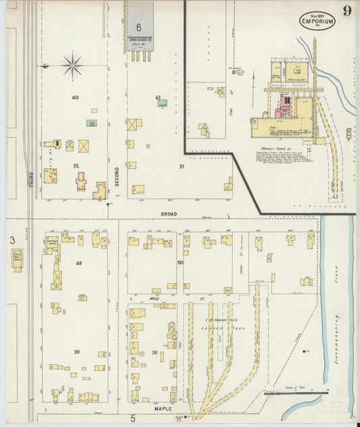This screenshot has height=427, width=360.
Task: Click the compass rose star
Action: (72, 66)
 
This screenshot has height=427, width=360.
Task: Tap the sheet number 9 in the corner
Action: (346, 11)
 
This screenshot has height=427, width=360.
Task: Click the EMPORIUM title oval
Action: (317, 22)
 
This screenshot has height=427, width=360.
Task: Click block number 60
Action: (75, 98)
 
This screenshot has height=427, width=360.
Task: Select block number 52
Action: (76, 166)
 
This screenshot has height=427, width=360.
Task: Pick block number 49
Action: (78, 263)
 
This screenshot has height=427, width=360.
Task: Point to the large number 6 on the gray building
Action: (138, 28)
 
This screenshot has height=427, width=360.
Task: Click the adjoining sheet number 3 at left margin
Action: (12, 240)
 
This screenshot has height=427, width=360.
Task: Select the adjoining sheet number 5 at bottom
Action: (133, 419)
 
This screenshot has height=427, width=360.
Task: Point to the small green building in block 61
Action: (162, 103)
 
